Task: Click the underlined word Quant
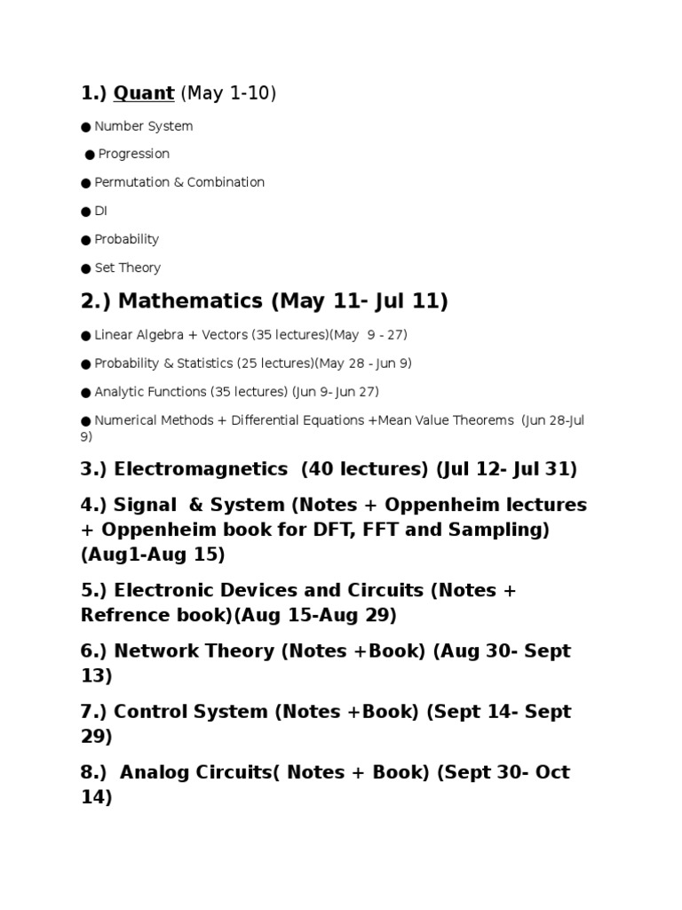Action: [143, 93]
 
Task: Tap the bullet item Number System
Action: [143, 126]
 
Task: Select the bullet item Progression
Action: [133, 154]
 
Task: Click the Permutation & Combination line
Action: [179, 182]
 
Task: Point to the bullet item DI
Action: [100, 211]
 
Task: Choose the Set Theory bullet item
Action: [128, 267]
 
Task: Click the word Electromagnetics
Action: [201, 468]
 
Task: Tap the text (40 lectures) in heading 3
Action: [365, 468]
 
